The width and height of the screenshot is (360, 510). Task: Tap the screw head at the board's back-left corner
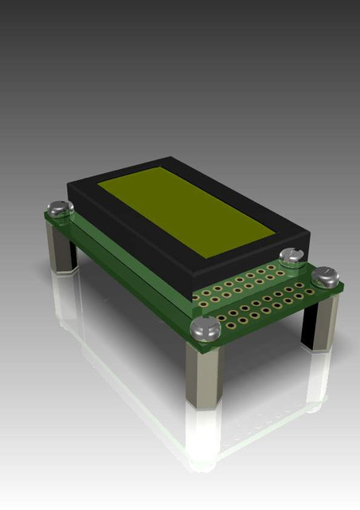pyautogui.click(x=59, y=209)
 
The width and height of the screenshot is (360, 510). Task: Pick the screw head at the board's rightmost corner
pyautogui.click(x=326, y=277)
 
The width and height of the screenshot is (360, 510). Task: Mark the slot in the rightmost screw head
pyautogui.click(x=326, y=275)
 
